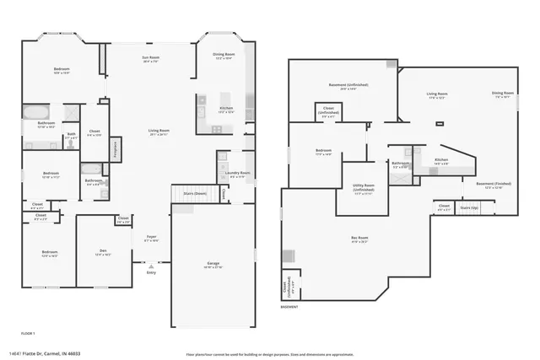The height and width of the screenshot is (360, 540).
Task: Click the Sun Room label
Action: coord(150,58)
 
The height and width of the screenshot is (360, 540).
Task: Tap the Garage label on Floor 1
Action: coord(213,264)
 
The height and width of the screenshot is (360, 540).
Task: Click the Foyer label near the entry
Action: coord(151,238)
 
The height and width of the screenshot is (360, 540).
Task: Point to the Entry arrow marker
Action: coord(151,266)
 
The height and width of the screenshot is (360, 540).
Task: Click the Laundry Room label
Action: coord(238,174)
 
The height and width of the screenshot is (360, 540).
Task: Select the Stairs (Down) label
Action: coord(196,193)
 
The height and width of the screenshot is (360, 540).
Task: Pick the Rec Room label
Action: coord(359,239)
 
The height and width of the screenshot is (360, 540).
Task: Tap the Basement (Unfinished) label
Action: coord(348,85)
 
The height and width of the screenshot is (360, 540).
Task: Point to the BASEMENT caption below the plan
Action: coord(290,307)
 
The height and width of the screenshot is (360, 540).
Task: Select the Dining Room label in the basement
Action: coord(503,94)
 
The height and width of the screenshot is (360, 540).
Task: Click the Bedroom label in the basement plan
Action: coord(323,153)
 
